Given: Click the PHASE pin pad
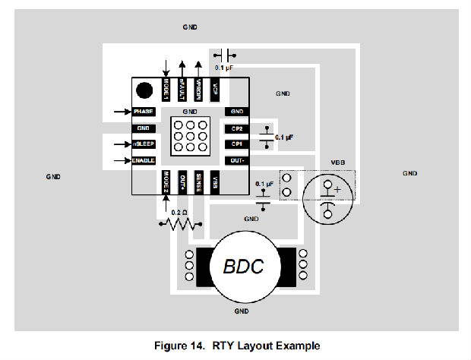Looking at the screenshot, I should pos(144,112).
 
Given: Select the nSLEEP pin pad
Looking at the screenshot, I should pos(144,144).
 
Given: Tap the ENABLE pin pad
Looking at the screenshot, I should pos(144,160).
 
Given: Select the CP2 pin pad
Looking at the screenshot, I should pos(236,128).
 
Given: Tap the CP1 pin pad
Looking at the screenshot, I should pos(236,144).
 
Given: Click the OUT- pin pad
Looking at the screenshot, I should pos(236,160).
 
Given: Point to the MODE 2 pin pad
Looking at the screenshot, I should pos(166,182).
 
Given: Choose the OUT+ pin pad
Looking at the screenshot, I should pos(182,182).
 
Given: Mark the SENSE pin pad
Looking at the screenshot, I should pos(198,182).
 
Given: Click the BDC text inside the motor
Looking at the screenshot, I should pos(243,267).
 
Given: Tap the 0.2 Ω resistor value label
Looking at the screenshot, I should pos(179,212).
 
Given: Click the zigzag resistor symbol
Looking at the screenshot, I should pos(181,224).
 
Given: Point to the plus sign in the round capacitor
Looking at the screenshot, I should pos(337,189).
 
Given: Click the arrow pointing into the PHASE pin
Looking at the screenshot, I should pos(122,112).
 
